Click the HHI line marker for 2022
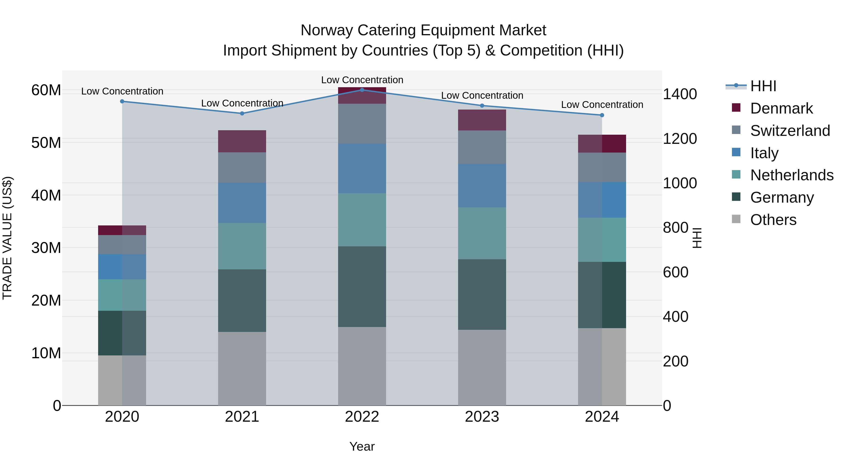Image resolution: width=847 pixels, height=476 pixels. [362, 90]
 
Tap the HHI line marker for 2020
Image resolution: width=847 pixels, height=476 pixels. [122, 102]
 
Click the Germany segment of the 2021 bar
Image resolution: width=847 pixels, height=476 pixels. [242, 301]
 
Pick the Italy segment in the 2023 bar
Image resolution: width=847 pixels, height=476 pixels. [482, 186]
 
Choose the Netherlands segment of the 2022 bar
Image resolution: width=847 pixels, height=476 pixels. [362, 220]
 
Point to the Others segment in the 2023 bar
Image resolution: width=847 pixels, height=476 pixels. [482, 367]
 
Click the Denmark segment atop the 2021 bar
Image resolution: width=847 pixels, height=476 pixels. [242, 141]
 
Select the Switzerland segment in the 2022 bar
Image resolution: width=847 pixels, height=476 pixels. [362, 123]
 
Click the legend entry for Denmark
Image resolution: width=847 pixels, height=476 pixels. [781, 108]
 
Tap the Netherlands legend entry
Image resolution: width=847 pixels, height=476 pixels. [791, 175]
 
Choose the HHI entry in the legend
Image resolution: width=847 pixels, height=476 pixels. [763, 86]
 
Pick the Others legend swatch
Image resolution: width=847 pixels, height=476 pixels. [736, 219]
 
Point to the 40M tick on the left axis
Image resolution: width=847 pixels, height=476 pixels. [46, 196]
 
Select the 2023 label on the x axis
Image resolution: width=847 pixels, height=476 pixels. [482, 417]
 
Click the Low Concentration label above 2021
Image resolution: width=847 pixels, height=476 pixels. [242, 103]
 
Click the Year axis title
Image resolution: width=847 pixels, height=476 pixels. [362, 446]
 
